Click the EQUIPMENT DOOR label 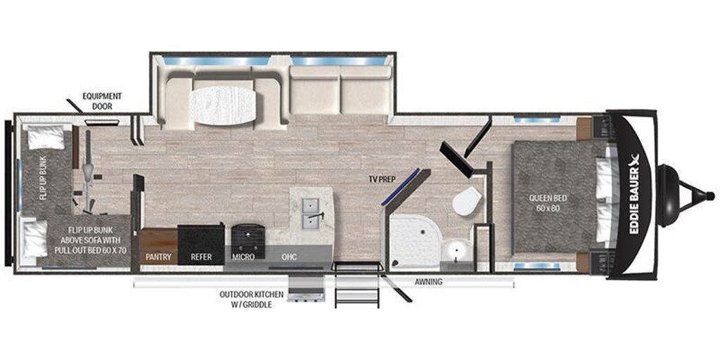[102, 101]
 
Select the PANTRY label [158, 257]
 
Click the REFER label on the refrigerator [202, 257]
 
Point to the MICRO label [243, 257]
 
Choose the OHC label [289, 257]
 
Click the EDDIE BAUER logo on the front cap [636, 193]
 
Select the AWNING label [428, 282]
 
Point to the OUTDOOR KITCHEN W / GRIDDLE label [251, 299]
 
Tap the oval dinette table [223, 105]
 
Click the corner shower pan [414, 241]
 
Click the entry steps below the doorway [357, 285]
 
